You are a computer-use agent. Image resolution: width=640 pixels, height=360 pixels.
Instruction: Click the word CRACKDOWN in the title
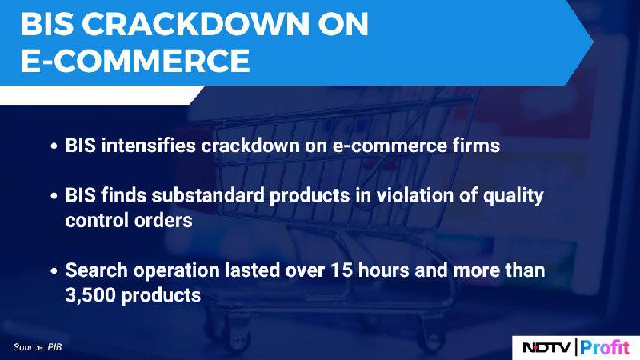point(196,24)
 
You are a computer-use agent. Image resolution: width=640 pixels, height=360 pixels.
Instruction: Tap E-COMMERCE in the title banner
point(135,61)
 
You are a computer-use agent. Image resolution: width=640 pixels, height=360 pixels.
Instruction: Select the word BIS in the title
point(47,24)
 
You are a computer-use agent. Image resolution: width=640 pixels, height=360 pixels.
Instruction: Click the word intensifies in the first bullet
point(149,146)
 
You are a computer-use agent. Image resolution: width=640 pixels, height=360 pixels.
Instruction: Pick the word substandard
point(208,195)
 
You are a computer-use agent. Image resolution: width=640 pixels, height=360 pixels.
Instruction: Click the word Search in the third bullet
point(96,270)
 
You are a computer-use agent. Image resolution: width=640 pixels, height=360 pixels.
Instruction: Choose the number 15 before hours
point(342,270)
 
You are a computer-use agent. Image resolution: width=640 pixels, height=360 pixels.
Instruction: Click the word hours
point(384,270)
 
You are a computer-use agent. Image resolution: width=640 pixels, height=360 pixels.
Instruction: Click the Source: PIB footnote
point(38,347)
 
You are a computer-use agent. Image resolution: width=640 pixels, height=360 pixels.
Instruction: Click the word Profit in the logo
point(605,347)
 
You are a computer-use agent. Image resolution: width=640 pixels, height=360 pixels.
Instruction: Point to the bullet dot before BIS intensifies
point(54,146)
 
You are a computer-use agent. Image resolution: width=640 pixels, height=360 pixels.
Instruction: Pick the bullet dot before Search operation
point(54,271)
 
